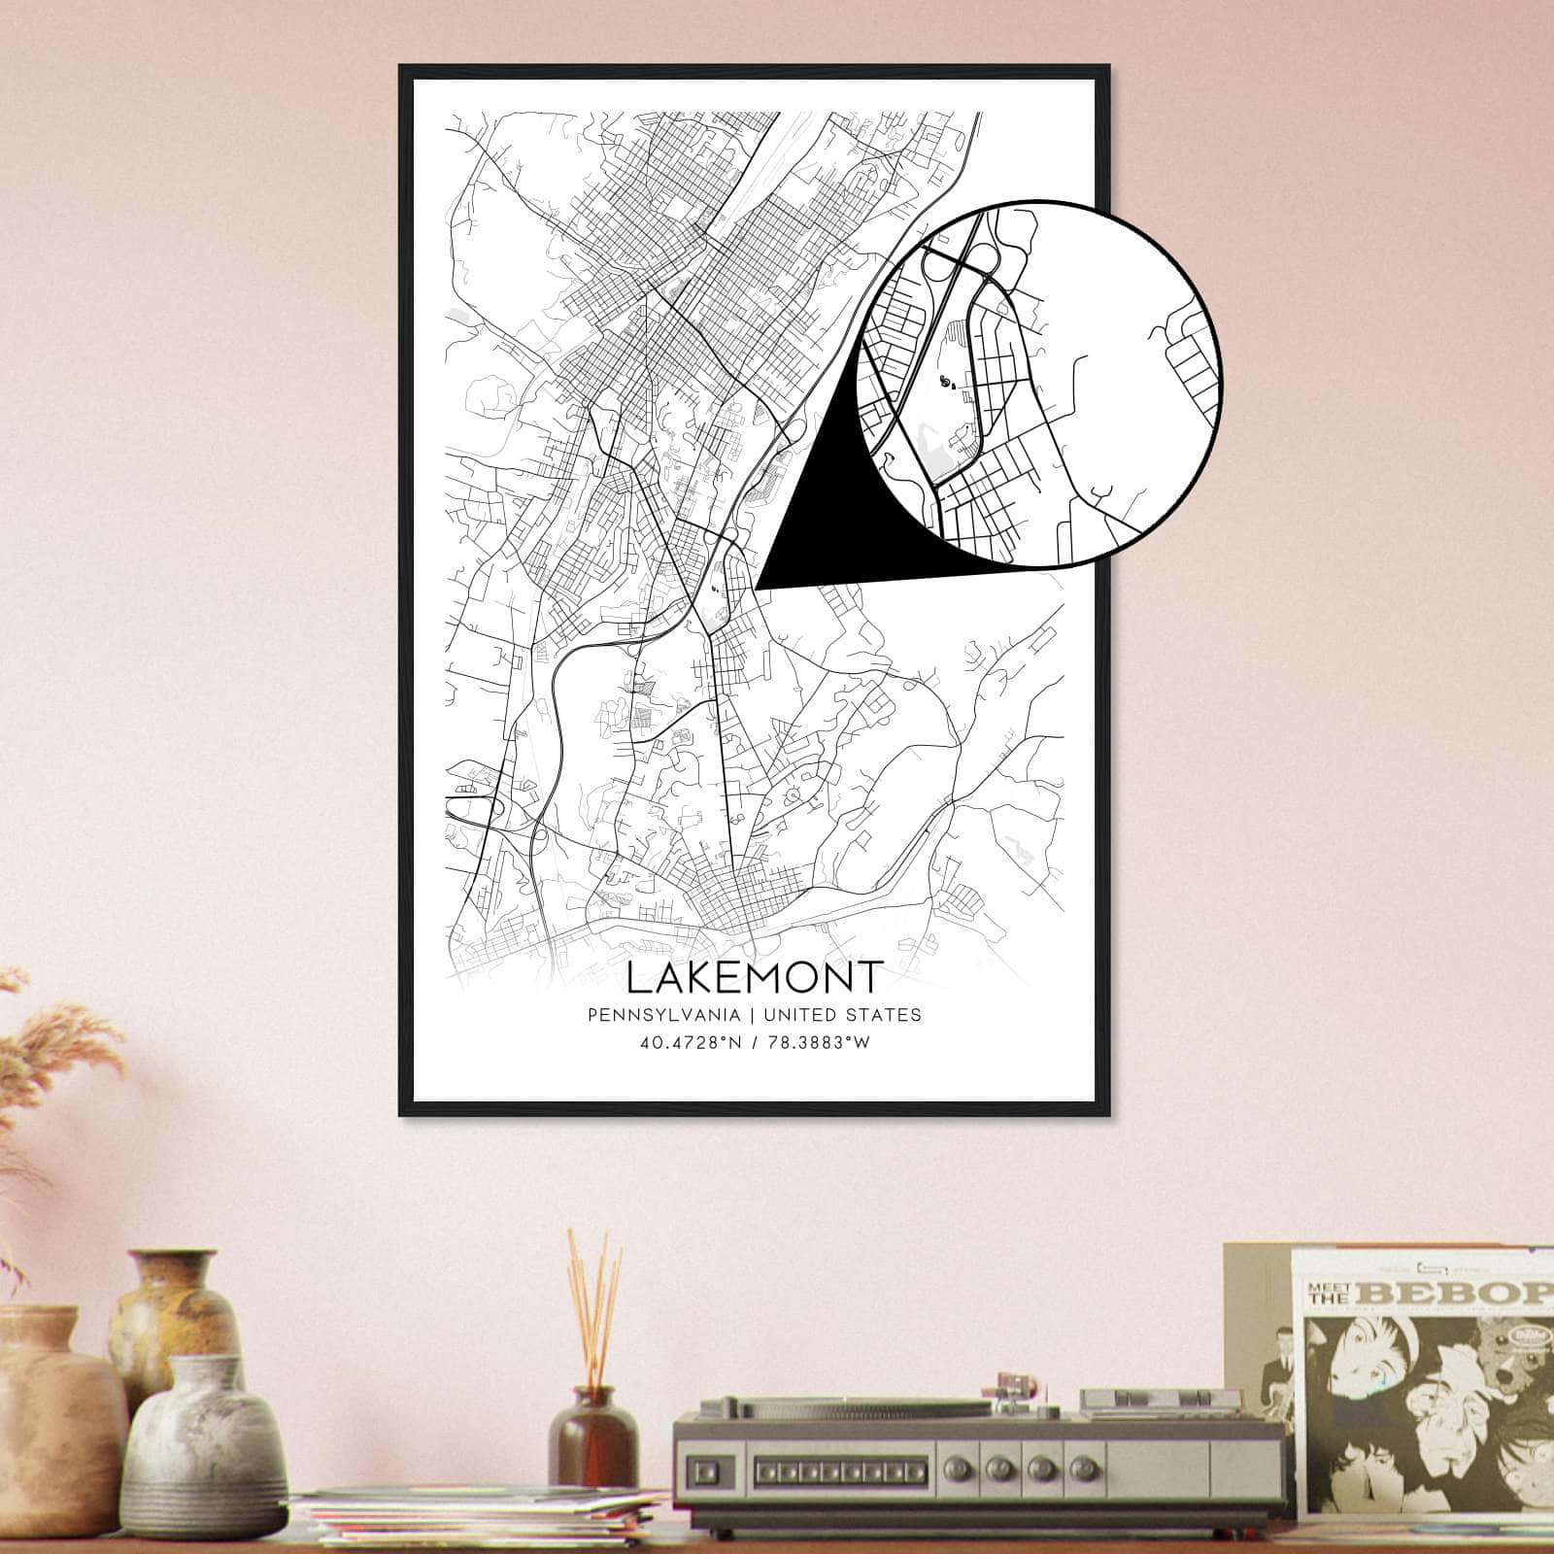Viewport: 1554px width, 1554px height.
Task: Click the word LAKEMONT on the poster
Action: coord(755,977)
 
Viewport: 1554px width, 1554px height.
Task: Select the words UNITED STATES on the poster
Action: coord(842,1015)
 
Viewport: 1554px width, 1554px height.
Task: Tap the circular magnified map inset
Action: coord(1039,384)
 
